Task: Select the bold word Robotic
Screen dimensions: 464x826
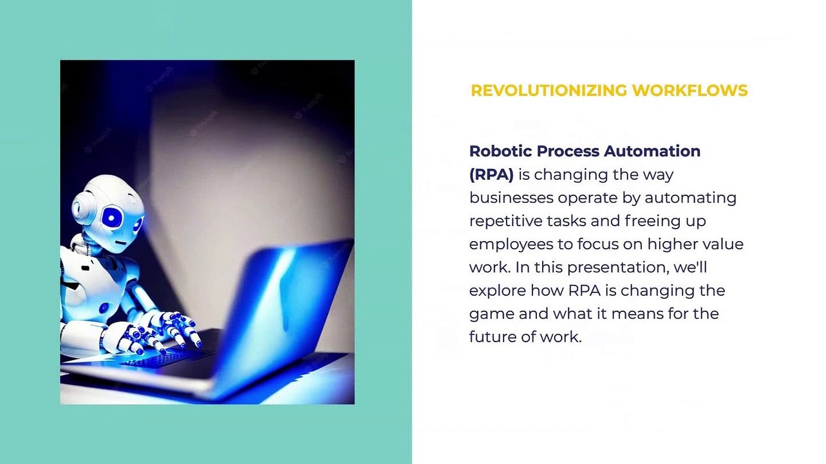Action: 500,151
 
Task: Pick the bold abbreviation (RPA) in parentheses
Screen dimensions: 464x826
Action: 491,175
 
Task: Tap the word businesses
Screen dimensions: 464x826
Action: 511,198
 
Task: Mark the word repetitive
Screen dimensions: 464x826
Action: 505,221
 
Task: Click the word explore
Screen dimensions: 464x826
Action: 497,291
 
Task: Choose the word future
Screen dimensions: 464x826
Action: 490,337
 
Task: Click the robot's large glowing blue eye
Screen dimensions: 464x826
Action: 113,218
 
